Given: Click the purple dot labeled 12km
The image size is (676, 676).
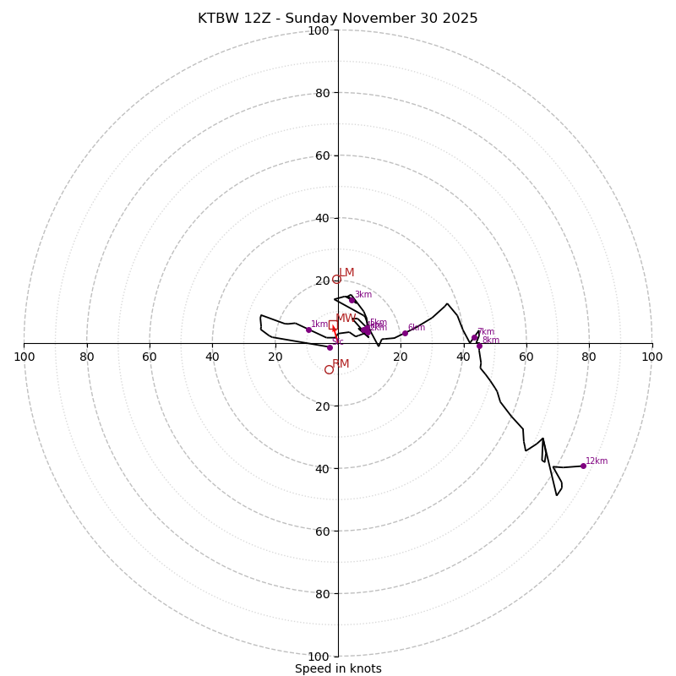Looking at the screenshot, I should tap(583, 466).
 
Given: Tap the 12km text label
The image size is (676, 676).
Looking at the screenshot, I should tap(597, 461).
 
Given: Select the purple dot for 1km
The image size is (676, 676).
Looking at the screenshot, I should tap(308, 330).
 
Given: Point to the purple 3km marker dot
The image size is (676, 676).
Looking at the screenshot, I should tap(352, 300).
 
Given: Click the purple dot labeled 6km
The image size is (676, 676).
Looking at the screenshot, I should tap(405, 333).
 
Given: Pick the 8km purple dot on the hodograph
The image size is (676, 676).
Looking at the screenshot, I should tap(479, 346).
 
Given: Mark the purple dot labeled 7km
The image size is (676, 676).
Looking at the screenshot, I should tap(474, 338).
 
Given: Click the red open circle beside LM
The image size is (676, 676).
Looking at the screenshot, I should tap(336, 279).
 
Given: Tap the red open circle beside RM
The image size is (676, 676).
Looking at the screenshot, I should tap(329, 369).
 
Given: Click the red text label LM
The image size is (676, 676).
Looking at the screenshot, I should tap(346, 273).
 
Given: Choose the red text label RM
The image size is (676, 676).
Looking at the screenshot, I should tap(341, 364).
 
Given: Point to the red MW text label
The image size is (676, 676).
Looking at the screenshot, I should tap(346, 319).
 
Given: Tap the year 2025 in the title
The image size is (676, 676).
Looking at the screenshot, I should tap(460, 19).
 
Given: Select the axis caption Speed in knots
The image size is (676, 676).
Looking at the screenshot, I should tap(338, 669).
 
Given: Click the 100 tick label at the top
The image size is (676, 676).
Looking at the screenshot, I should tap(319, 31).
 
